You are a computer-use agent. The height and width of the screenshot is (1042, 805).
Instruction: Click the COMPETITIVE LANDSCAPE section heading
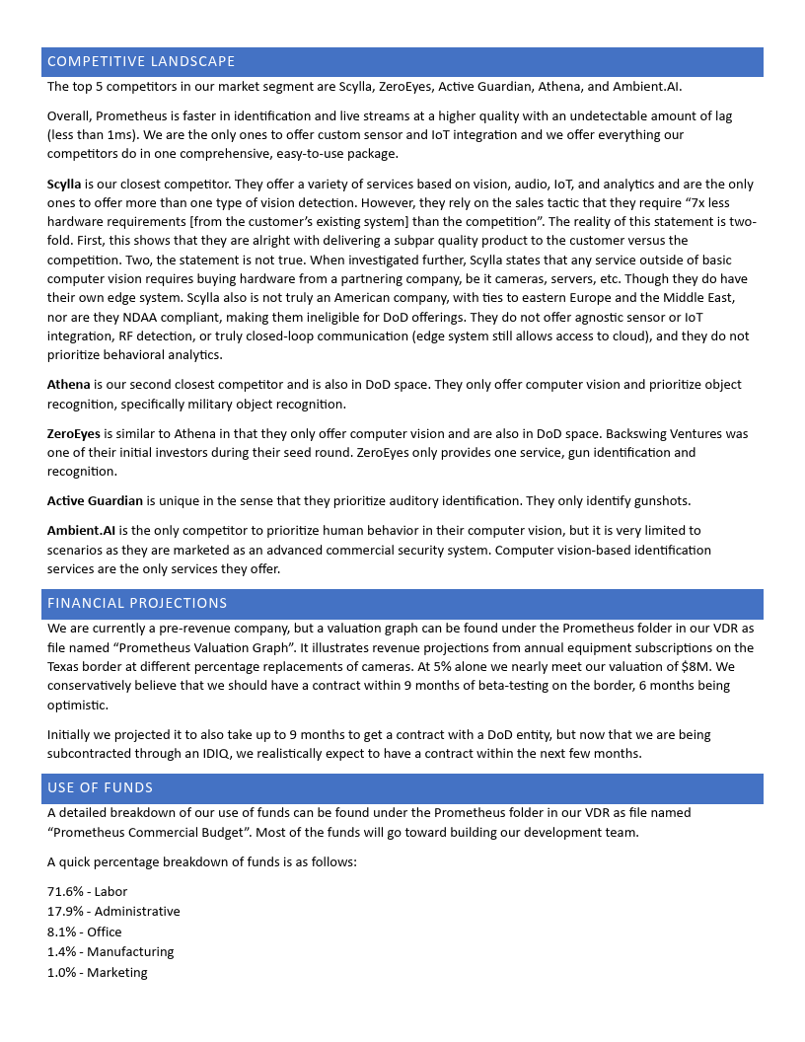(x=141, y=61)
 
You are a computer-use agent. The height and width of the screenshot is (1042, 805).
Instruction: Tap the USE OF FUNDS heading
(x=100, y=787)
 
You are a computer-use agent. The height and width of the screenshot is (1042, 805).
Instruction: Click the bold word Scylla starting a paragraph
(x=64, y=185)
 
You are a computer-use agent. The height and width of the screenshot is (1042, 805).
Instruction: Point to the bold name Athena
(x=68, y=385)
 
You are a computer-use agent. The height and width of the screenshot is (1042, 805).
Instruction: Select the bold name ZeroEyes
(x=73, y=433)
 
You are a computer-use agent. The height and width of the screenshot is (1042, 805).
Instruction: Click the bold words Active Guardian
(x=95, y=501)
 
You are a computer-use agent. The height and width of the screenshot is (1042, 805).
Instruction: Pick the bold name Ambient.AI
(x=81, y=531)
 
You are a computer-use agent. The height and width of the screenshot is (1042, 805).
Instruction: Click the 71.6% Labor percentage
(x=64, y=892)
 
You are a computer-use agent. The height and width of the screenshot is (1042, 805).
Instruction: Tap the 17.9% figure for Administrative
(x=64, y=912)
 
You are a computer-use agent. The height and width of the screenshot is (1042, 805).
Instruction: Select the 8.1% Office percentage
(x=61, y=932)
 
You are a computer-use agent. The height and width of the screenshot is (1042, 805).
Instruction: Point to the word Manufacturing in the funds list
(x=130, y=952)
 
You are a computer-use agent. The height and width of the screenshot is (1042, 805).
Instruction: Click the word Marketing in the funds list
(x=117, y=973)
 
